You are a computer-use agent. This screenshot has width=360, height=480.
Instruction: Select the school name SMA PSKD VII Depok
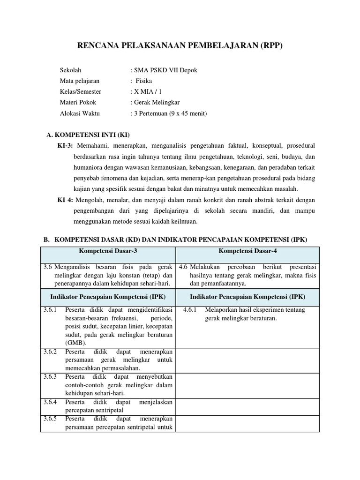click(x=165, y=70)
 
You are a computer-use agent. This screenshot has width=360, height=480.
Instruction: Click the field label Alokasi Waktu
click(x=80, y=113)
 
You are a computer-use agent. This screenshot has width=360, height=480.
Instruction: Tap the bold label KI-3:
click(x=66, y=146)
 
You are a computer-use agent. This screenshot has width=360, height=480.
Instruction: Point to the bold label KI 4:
click(x=65, y=200)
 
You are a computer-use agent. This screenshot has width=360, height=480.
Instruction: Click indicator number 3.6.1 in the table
click(x=50, y=310)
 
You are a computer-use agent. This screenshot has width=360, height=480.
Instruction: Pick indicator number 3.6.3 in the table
click(x=50, y=376)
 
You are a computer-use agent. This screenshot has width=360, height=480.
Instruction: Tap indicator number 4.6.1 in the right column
click(x=190, y=310)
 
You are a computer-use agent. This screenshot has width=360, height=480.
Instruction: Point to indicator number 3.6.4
click(x=50, y=402)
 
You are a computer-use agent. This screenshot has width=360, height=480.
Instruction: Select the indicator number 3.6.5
click(x=50, y=418)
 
